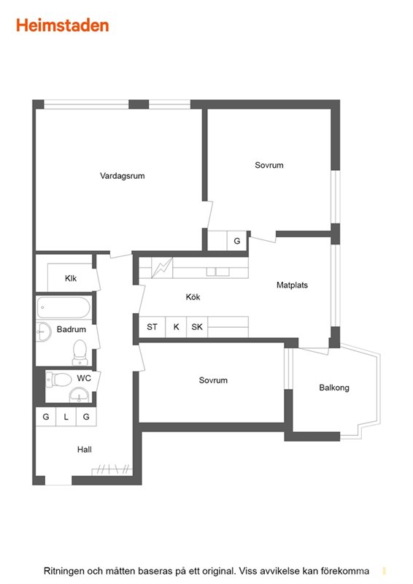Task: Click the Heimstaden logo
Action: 63,26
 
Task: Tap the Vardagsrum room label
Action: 122,176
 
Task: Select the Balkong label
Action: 334,388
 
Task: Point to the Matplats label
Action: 292,285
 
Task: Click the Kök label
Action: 193,297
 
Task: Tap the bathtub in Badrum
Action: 63,307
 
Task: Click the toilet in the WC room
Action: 58,380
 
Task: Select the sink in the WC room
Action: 79,395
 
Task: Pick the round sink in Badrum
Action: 44,331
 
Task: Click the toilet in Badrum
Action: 80,353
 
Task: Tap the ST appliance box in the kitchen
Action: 152,327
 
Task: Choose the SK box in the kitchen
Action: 197,327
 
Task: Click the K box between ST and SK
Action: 176,327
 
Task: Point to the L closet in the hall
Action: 66,417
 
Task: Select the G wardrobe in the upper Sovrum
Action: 237,241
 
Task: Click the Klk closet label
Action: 71,278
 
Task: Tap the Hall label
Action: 85,450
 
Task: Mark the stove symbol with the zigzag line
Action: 162,268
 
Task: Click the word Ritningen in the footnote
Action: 63,572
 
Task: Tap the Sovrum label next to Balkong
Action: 213,380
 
